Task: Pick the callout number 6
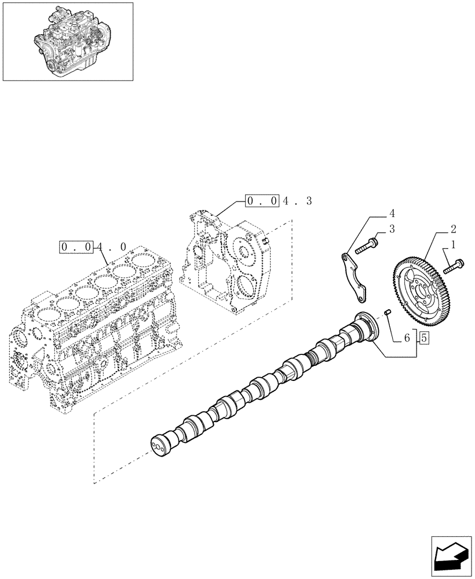point(407,337)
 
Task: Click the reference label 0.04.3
point(279,201)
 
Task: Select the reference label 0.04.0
point(93,247)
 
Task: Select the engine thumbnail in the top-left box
point(68,41)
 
